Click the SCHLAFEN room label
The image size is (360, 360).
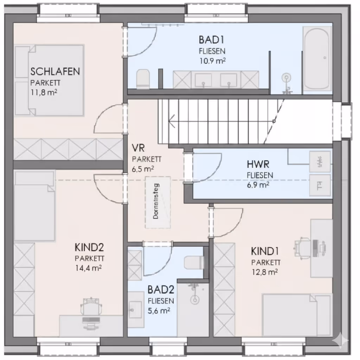point(55,72)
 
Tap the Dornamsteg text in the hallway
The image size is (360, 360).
point(156,201)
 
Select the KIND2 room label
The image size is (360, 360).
point(89,247)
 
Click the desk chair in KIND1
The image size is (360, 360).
point(303,246)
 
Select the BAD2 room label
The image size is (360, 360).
point(161,290)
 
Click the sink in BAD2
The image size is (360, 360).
point(134,310)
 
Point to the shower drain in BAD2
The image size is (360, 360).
point(194,300)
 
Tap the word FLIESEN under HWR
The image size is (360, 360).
point(259,175)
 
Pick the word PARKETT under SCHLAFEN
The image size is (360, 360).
point(45,83)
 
